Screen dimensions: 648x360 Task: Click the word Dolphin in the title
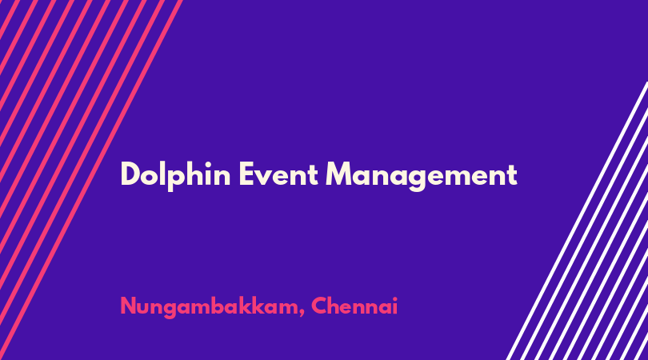175,175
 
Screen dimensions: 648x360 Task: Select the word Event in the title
278,174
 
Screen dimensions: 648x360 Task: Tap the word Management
422,177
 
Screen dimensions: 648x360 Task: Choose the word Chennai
354,306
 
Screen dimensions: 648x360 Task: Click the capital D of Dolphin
130,174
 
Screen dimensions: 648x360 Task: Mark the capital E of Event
246,174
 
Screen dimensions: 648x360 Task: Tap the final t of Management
512,175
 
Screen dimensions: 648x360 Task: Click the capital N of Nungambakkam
128,306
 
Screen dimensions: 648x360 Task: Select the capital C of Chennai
319,306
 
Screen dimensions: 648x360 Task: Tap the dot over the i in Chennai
394,298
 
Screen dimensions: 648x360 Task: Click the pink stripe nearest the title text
91,180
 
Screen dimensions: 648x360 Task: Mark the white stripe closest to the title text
577,221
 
